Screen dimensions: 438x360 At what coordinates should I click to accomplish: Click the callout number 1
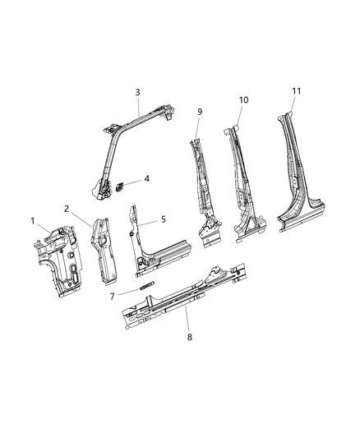coord(34,220)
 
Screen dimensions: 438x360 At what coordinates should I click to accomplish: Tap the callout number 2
coord(67,210)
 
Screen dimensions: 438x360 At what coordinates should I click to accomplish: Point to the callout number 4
coord(146,178)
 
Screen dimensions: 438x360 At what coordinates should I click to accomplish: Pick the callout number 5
coord(163,219)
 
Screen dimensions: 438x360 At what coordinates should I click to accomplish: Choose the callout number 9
coord(198,111)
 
